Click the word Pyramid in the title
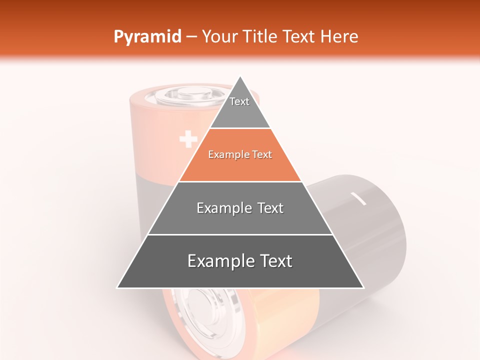click(147, 36)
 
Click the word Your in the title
click(219, 36)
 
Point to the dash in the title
click(191, 36)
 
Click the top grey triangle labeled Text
click(239, 107)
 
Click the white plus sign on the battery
click(188, 139)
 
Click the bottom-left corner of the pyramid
click(118, 287)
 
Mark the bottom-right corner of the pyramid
click(363, 287)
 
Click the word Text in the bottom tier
click(274, 261)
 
